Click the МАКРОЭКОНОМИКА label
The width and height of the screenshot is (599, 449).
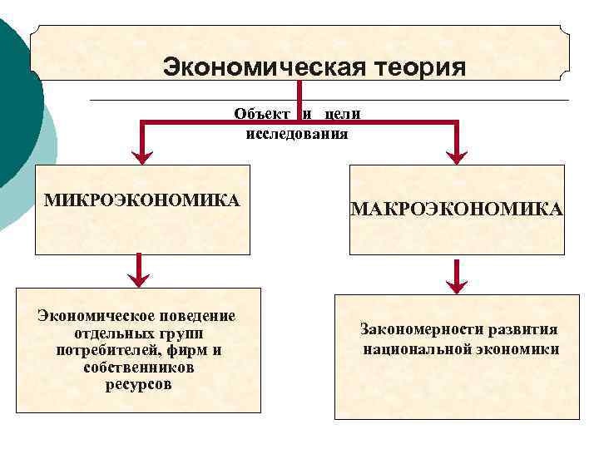[x=457, y=209]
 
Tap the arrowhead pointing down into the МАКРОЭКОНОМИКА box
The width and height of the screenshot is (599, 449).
[x=457, y=154]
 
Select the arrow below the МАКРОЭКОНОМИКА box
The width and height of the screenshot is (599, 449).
[x=456, y=277]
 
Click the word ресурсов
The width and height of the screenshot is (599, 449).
[x=139, y=385]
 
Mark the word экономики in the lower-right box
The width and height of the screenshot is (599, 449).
[x=517, y=348]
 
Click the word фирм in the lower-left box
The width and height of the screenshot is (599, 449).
[x=183, y=350]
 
